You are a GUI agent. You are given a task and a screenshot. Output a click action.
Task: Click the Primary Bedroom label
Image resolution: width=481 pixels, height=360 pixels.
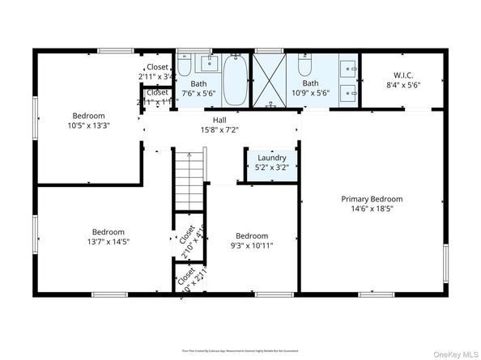pos(371,198)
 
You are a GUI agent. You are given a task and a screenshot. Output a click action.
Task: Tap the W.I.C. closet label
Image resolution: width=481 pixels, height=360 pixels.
pos(403,74)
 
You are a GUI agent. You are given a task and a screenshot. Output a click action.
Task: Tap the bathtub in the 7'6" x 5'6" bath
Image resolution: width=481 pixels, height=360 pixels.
pos(236,81)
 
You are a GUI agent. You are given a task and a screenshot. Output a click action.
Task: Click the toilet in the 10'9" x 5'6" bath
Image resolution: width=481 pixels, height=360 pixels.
pos(304,65)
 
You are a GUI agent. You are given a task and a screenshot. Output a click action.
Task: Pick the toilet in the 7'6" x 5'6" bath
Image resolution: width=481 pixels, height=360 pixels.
pos(183,65)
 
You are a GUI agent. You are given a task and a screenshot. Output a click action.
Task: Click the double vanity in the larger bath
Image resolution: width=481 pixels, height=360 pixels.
pos(347,79)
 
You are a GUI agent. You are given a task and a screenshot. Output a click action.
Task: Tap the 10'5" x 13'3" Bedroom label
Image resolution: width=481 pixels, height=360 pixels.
pos(88,115)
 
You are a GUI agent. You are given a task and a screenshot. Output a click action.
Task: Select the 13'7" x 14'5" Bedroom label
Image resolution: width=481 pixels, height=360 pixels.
pos(108,231)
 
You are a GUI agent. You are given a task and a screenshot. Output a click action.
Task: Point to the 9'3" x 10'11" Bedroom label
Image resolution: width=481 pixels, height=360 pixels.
pos(252,236)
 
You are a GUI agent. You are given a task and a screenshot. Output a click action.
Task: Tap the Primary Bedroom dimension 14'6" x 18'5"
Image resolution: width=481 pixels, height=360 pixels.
pos(371,209)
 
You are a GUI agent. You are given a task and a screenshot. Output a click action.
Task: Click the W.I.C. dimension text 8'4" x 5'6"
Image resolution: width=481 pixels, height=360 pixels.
pos(403,84)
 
